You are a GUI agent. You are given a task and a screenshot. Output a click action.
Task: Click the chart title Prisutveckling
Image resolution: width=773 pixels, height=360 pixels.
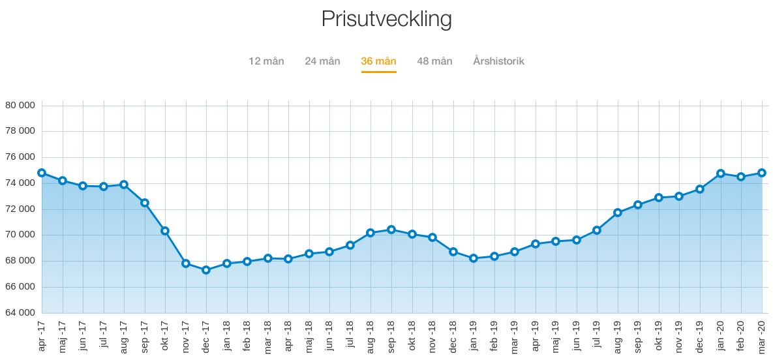click(x=386, y=19)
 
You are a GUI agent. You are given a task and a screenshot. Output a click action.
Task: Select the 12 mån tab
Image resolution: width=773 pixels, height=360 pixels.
click(x=266, y=61)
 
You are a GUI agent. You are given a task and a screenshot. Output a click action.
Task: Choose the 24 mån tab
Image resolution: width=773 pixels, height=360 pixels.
click(x=322, y=61)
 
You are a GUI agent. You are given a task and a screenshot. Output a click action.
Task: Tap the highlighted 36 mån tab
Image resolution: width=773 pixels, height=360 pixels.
click(x=378, y=61)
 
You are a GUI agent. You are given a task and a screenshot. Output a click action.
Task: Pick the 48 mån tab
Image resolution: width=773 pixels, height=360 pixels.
click(x=434, y=61)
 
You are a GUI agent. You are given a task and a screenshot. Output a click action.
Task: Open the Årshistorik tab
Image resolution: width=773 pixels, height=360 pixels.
click(x=498, y=61)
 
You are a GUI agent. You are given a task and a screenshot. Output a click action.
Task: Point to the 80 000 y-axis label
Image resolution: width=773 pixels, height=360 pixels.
click(x=20, y=105)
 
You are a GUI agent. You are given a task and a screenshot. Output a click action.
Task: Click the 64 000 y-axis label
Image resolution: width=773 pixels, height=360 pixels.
click(x=20, y=313)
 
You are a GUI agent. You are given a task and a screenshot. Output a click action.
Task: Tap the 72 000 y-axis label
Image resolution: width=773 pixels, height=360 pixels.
click(x=20, y=209)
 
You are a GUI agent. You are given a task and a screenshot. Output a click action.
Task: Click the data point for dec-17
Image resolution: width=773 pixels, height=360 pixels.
click(x=206, y=270)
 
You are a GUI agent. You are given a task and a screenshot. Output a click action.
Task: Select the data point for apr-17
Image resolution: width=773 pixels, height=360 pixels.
click(x=42, y=173)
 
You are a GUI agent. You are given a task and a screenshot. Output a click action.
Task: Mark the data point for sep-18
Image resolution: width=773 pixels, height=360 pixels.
click(x=391, y=230)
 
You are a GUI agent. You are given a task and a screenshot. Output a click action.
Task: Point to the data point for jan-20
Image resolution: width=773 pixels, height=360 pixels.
click(x=721, y=173)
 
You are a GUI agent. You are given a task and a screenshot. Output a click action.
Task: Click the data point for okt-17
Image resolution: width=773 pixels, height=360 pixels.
click(x=165, y=231)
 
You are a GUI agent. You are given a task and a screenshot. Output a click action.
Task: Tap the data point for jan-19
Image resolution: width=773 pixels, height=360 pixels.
click(x=474, y=258)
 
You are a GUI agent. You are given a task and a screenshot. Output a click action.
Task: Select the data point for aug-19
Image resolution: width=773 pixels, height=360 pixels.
click(x=618, y=213)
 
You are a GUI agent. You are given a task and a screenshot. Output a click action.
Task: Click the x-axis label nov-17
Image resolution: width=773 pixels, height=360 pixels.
click(x=186, y=336)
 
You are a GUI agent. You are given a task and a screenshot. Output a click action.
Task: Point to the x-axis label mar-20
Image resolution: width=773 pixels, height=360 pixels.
click(x=762, y=336)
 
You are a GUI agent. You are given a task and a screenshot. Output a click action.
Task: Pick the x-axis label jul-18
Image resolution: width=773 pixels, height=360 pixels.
click(x=350, y=336)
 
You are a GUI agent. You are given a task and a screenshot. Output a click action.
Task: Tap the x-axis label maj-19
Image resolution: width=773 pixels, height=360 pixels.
click(x=556, y=336)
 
